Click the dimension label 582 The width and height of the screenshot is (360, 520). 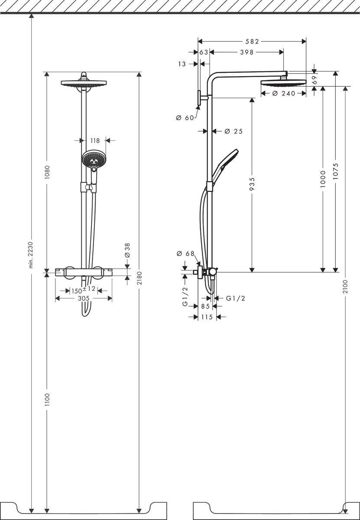click(251, 42)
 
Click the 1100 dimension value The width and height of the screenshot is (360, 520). click(47, 400)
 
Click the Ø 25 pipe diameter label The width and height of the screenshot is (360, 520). click(234, 131)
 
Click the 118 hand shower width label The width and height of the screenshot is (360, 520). click(95, 140)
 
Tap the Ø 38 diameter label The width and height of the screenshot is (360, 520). click(127, 250)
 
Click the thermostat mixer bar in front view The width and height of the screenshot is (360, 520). click(84, 272)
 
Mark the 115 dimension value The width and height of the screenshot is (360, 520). click(207, 317)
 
